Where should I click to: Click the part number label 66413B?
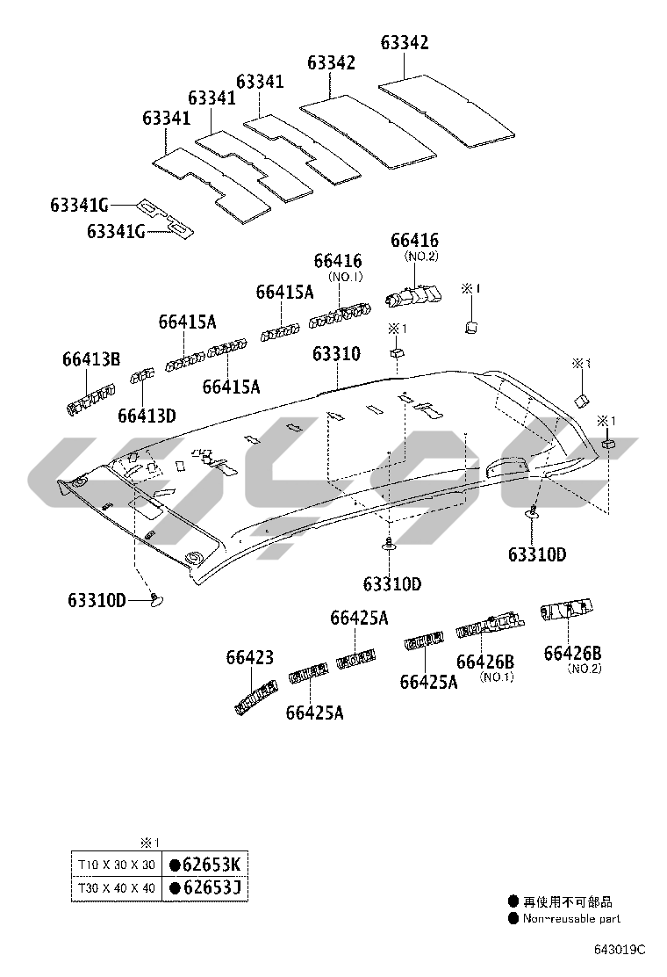point(90,358)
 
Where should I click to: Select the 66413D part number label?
point(147,415)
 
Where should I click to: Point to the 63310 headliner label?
point(336,354)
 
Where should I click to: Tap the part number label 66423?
point(249,657)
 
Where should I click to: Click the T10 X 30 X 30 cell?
point(116,865)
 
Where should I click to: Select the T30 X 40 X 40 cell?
point(116,888)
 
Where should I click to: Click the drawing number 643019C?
point(618,950)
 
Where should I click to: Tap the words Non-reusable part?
point(571,918)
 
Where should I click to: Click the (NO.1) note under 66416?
point(345,277)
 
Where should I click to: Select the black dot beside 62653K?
point(176,864)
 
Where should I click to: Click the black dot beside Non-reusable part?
point(513,918)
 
